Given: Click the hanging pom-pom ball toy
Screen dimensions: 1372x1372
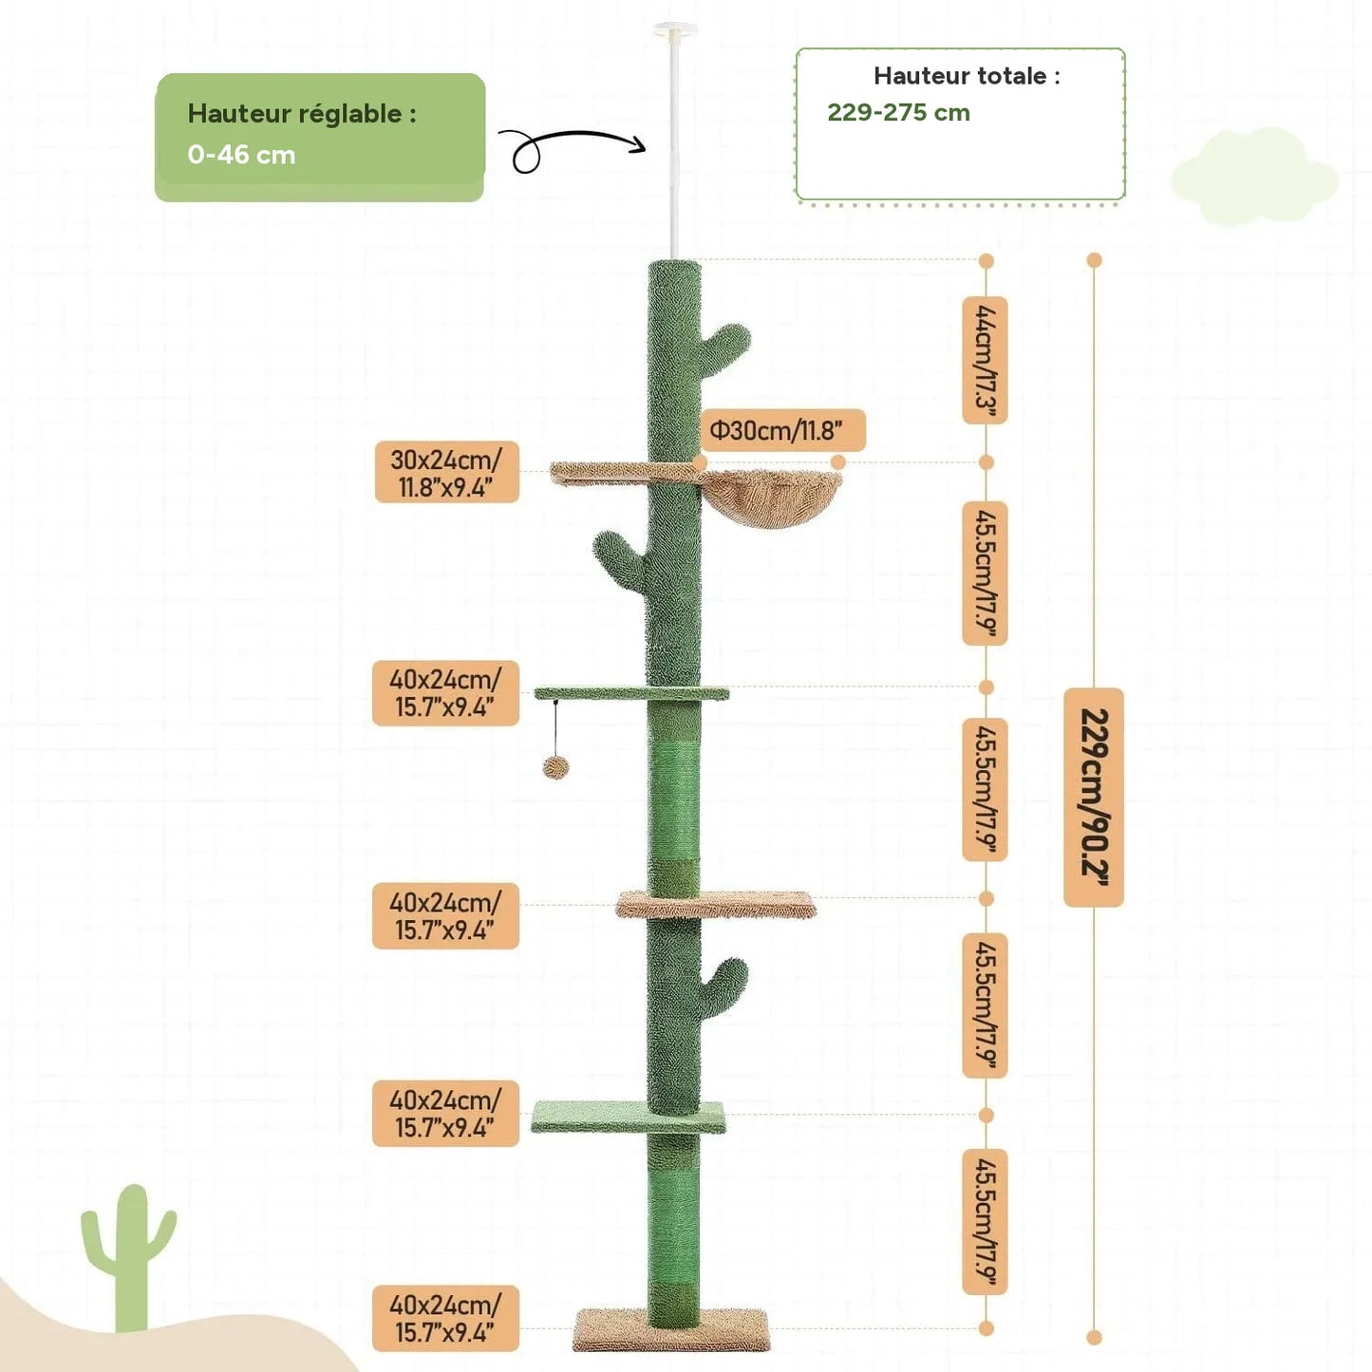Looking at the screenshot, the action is tap(554, 767).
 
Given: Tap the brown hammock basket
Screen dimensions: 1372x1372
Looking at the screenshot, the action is tap(772, 496).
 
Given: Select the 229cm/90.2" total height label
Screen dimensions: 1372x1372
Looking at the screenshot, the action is tap(1094, 797).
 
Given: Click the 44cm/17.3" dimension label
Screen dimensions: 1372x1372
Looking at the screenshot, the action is tap(985, 360).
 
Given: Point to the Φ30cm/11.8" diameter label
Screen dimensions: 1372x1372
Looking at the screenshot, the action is tap(781, 430).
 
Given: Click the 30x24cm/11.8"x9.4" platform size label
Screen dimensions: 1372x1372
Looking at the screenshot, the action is tap(446, 472).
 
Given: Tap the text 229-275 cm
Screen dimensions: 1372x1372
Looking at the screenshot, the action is tap(898, 112).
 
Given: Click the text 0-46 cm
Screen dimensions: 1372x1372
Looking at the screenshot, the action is tap(241, 155).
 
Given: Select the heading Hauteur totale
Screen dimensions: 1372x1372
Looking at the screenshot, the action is tap(967, 75).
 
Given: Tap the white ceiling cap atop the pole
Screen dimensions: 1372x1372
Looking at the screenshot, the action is tap(674, 29).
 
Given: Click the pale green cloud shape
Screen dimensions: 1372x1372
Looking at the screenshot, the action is tap(1254, 175).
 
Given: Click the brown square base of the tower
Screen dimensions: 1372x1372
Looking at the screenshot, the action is tap(671, 1329).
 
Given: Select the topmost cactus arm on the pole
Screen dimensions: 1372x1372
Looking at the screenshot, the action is tap(725, 347).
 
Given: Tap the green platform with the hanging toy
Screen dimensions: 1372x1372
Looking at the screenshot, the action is tap(631, 693).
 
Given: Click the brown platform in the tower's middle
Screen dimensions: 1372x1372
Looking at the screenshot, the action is tap(716, 904).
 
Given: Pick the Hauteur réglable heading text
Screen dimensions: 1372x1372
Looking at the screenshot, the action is tap(302, 114).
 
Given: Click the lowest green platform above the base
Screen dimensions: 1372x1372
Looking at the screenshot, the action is tap(628, 1118).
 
